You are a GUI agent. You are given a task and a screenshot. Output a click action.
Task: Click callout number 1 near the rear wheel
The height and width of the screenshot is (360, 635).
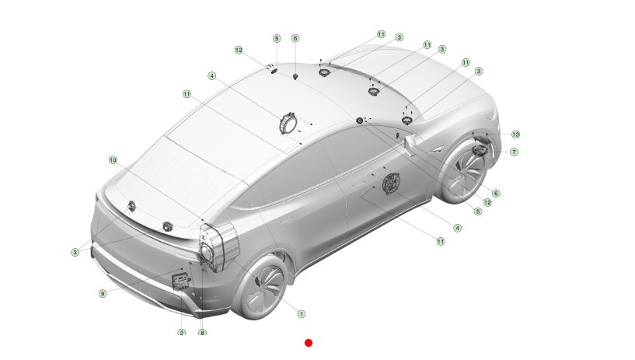[302, 314]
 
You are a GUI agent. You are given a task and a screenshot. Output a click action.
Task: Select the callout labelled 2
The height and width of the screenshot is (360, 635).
[181, 333]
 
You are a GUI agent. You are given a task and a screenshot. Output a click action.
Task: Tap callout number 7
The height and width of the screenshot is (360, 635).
[514, 152]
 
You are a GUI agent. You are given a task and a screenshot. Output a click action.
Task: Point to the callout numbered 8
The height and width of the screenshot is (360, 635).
[202, 333]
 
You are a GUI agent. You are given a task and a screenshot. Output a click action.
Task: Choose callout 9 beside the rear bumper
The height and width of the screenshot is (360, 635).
[103, 293]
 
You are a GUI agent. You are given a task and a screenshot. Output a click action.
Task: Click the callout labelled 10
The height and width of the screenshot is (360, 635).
[113, 160]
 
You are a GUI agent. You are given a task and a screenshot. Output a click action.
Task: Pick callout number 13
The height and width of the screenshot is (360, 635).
[515, 134]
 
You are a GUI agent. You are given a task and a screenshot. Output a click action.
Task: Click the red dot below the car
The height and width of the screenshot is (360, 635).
[309, 343]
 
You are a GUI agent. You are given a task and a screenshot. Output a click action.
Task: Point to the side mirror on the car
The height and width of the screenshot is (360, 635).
[411, 144]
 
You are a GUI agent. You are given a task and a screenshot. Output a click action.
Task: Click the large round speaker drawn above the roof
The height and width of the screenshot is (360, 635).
[288, 123]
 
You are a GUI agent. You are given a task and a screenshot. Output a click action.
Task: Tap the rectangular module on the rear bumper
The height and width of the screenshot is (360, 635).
[181, 281]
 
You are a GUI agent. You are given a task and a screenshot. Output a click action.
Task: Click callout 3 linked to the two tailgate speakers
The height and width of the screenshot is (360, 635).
[75, 252]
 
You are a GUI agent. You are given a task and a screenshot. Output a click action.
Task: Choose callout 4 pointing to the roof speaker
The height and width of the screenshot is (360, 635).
[212, 75]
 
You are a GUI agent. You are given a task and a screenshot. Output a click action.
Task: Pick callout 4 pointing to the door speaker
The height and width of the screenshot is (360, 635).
[458, 228]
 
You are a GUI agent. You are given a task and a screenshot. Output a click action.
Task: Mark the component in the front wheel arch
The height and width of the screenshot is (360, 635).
[480, 150]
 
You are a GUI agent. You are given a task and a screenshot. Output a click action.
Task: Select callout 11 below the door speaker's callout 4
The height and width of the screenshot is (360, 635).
[441, 241]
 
